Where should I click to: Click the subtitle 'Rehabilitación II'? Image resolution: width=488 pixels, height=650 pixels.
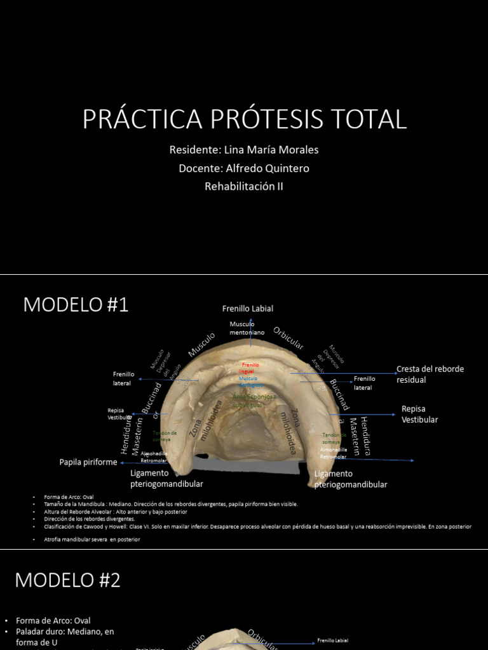tap(244, 186)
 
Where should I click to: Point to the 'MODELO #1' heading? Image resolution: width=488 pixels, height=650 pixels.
tap(76, 305)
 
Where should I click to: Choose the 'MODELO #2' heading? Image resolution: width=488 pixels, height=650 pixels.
tap(67, 580)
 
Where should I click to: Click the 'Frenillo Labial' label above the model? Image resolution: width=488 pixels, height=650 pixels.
tap(248, 308)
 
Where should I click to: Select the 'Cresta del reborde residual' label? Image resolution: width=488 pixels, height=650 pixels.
tap(430, 374)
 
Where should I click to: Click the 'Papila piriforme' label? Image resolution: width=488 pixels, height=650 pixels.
tap(88, 462)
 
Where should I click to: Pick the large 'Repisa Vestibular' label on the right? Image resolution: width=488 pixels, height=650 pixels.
tap(420, 414)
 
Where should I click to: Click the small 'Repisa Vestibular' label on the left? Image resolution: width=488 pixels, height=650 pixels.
tap(119, 414)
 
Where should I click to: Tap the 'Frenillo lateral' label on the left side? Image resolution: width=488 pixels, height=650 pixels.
tap(122, 378)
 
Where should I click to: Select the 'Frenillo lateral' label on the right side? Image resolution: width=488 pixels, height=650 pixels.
tap(365, 383)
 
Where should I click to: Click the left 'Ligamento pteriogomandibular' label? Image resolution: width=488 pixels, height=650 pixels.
tap(166, 478)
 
